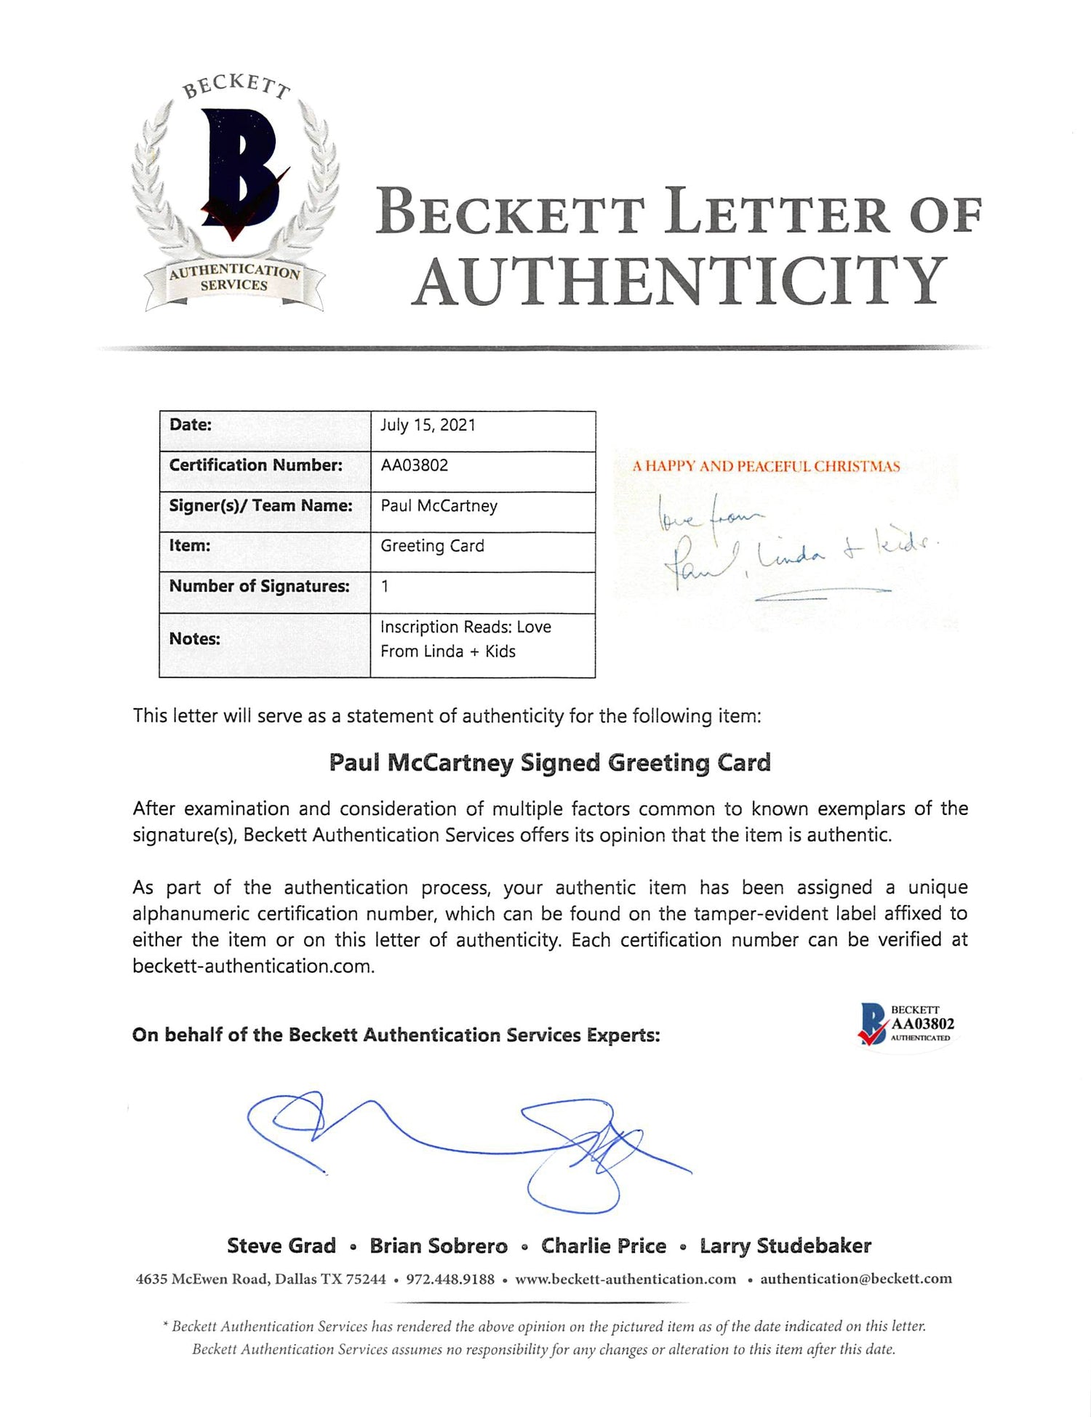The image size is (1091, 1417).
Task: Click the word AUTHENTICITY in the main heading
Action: pyautogui.click(x=680, y=281)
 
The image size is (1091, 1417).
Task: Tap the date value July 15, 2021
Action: pyautogui.click(x=428, y=425)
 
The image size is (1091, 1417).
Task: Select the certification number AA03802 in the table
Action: pyautogui.click(x=415, y=465)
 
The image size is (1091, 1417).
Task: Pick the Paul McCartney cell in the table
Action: pyautogui.click(x=439, y=506)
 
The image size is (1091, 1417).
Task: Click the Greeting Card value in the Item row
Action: pyautogui.click(x=432, y=546)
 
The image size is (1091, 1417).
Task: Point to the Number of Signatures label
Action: pyautogui.click(x=259, y=587)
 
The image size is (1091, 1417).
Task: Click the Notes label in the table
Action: pyautogui.click(x=194, y=639)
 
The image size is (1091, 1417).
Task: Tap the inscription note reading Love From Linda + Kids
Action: pyautogui.click(x=465, y=639)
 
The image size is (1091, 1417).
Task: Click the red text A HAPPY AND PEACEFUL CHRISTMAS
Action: pyautogui.click(x=766, y=467)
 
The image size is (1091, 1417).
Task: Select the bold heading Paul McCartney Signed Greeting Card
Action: pyautogui.click(x=550, y=763)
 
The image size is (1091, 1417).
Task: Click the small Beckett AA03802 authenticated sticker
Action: pyautogui.click(x=906, y=1024)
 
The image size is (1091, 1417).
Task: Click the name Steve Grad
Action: pyautogui.click(x=281, y=1246)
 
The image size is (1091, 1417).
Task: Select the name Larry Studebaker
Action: pyautogui.click(x=785, y=1246)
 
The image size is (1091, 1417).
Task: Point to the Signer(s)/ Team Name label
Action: pyautogui.click(x=260, y=506)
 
